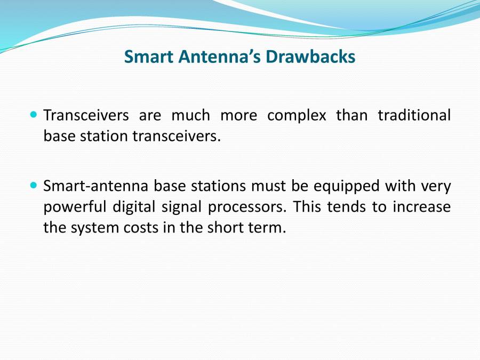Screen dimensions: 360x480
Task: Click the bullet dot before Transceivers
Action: (x=34, y=115)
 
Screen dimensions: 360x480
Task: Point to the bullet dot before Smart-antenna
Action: (x=34, y=186)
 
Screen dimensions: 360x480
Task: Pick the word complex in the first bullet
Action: (x=297, y=116)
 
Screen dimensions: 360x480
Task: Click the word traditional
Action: (x=414, y=116)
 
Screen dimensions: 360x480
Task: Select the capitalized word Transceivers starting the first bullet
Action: (x=85, y=116)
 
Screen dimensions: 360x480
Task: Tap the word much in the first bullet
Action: (x=190, y=116)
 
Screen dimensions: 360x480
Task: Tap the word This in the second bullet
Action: (x=308, y=206)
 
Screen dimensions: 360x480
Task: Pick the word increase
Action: (x=421, y=206)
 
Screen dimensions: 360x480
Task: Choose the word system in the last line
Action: (x=98, y=228)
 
